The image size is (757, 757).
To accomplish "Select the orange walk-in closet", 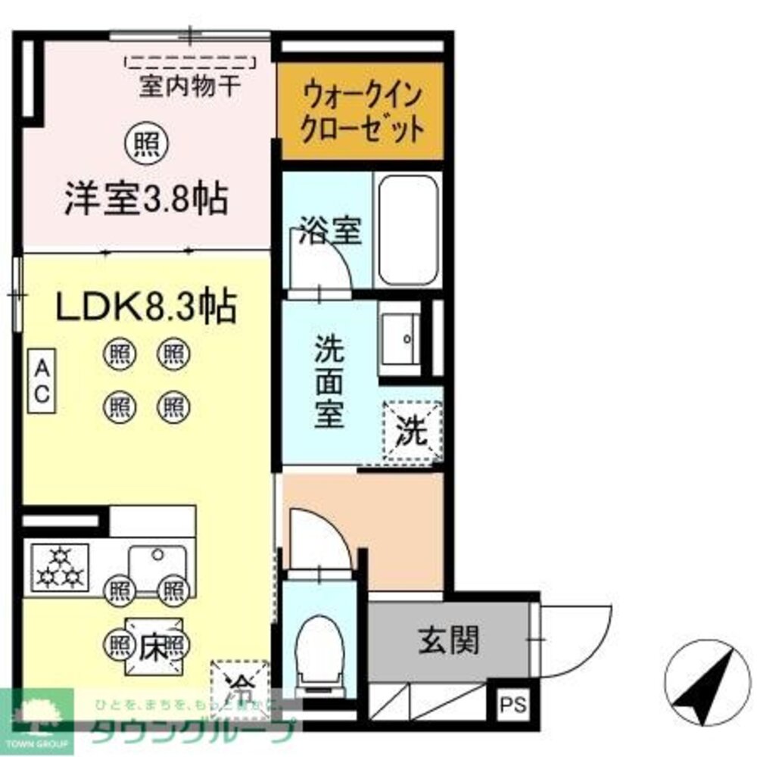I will tap(361, 112).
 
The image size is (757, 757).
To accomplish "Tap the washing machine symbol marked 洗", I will tap(413, 431).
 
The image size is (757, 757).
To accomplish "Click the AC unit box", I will tap(42, 382).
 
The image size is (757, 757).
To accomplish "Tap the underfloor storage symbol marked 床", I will tap(153, 648).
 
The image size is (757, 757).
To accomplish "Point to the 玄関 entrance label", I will tap(448, 642).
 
